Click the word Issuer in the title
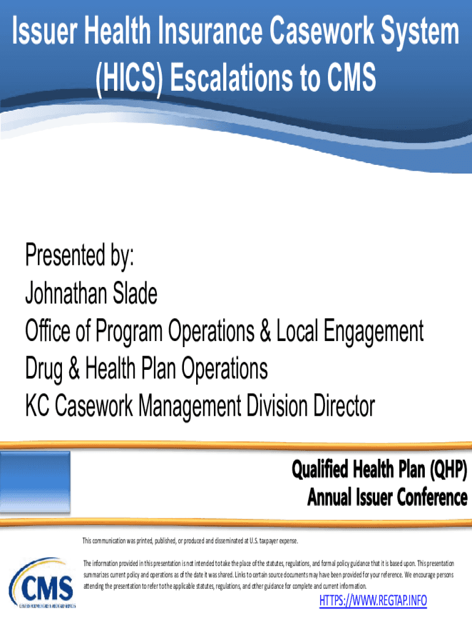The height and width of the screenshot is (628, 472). [x=44, y=31]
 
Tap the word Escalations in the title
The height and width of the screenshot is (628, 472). [x=232, y=77]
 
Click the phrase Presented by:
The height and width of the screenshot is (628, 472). [x=79, y=255]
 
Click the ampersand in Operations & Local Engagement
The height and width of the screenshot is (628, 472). [x=265, y=331]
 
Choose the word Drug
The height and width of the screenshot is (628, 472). [x=44, y=369]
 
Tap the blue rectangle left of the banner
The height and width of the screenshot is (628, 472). [x=35, y=482]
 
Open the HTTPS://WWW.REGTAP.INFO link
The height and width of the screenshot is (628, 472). [x=373, y=601]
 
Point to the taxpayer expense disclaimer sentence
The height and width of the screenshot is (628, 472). [x=190, y=541]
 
